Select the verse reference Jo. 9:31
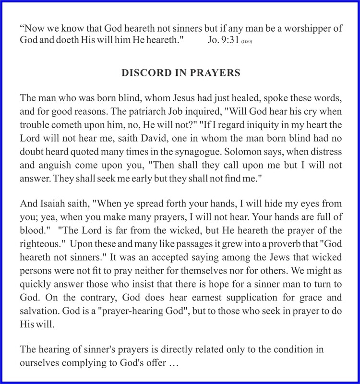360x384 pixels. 225,40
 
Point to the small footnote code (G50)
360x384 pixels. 253,41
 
